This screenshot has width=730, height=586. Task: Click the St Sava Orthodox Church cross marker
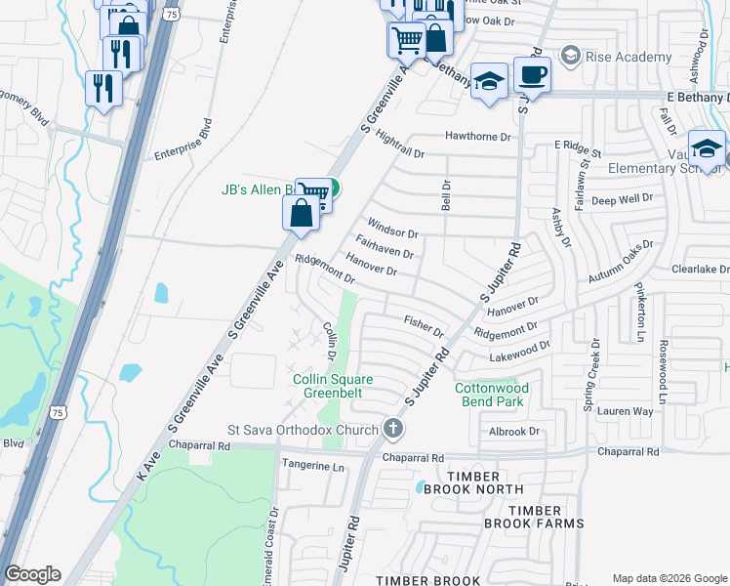pos(392,429)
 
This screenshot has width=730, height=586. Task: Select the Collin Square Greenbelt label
pos(333,387)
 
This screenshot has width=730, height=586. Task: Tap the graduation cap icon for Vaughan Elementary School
pos(707,148)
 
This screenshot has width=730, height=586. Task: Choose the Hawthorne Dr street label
pos(478,137)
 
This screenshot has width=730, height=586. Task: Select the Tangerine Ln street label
pos(313,467)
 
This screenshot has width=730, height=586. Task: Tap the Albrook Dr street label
pos(513,431)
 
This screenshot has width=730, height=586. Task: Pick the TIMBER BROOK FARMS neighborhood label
pos(534,517)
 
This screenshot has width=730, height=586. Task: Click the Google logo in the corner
pos(32,574)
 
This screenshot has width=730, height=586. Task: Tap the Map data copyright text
pos(669,578)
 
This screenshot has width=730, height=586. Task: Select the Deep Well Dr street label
pos(622,198)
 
